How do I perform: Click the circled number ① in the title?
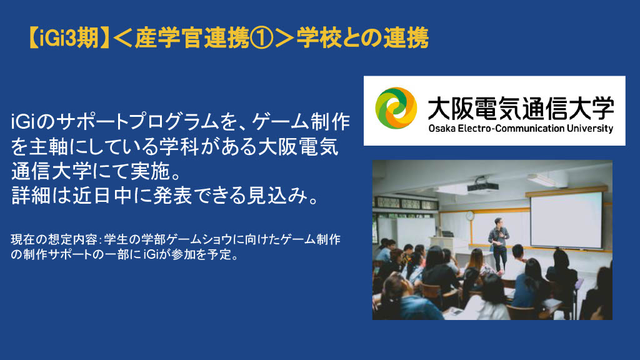pyautogui.click(x=262, y=38)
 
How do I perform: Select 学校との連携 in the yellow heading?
pyautogui.click(x=362, y=38)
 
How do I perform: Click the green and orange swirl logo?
pyautogui.click(x=396, y=108)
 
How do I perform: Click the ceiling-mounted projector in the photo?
pyautogui.click(x=482, y=186)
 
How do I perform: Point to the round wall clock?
pyautogui.click(x=470, y=216)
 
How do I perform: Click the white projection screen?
pyautogui.click(x=566, y=219)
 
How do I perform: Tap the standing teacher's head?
pyautogui.click(x=498, y=222)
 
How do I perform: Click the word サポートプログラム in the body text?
pyautogui.click(x=134, y=122)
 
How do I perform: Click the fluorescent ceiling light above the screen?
pyautogui.click(x=543, y=179)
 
